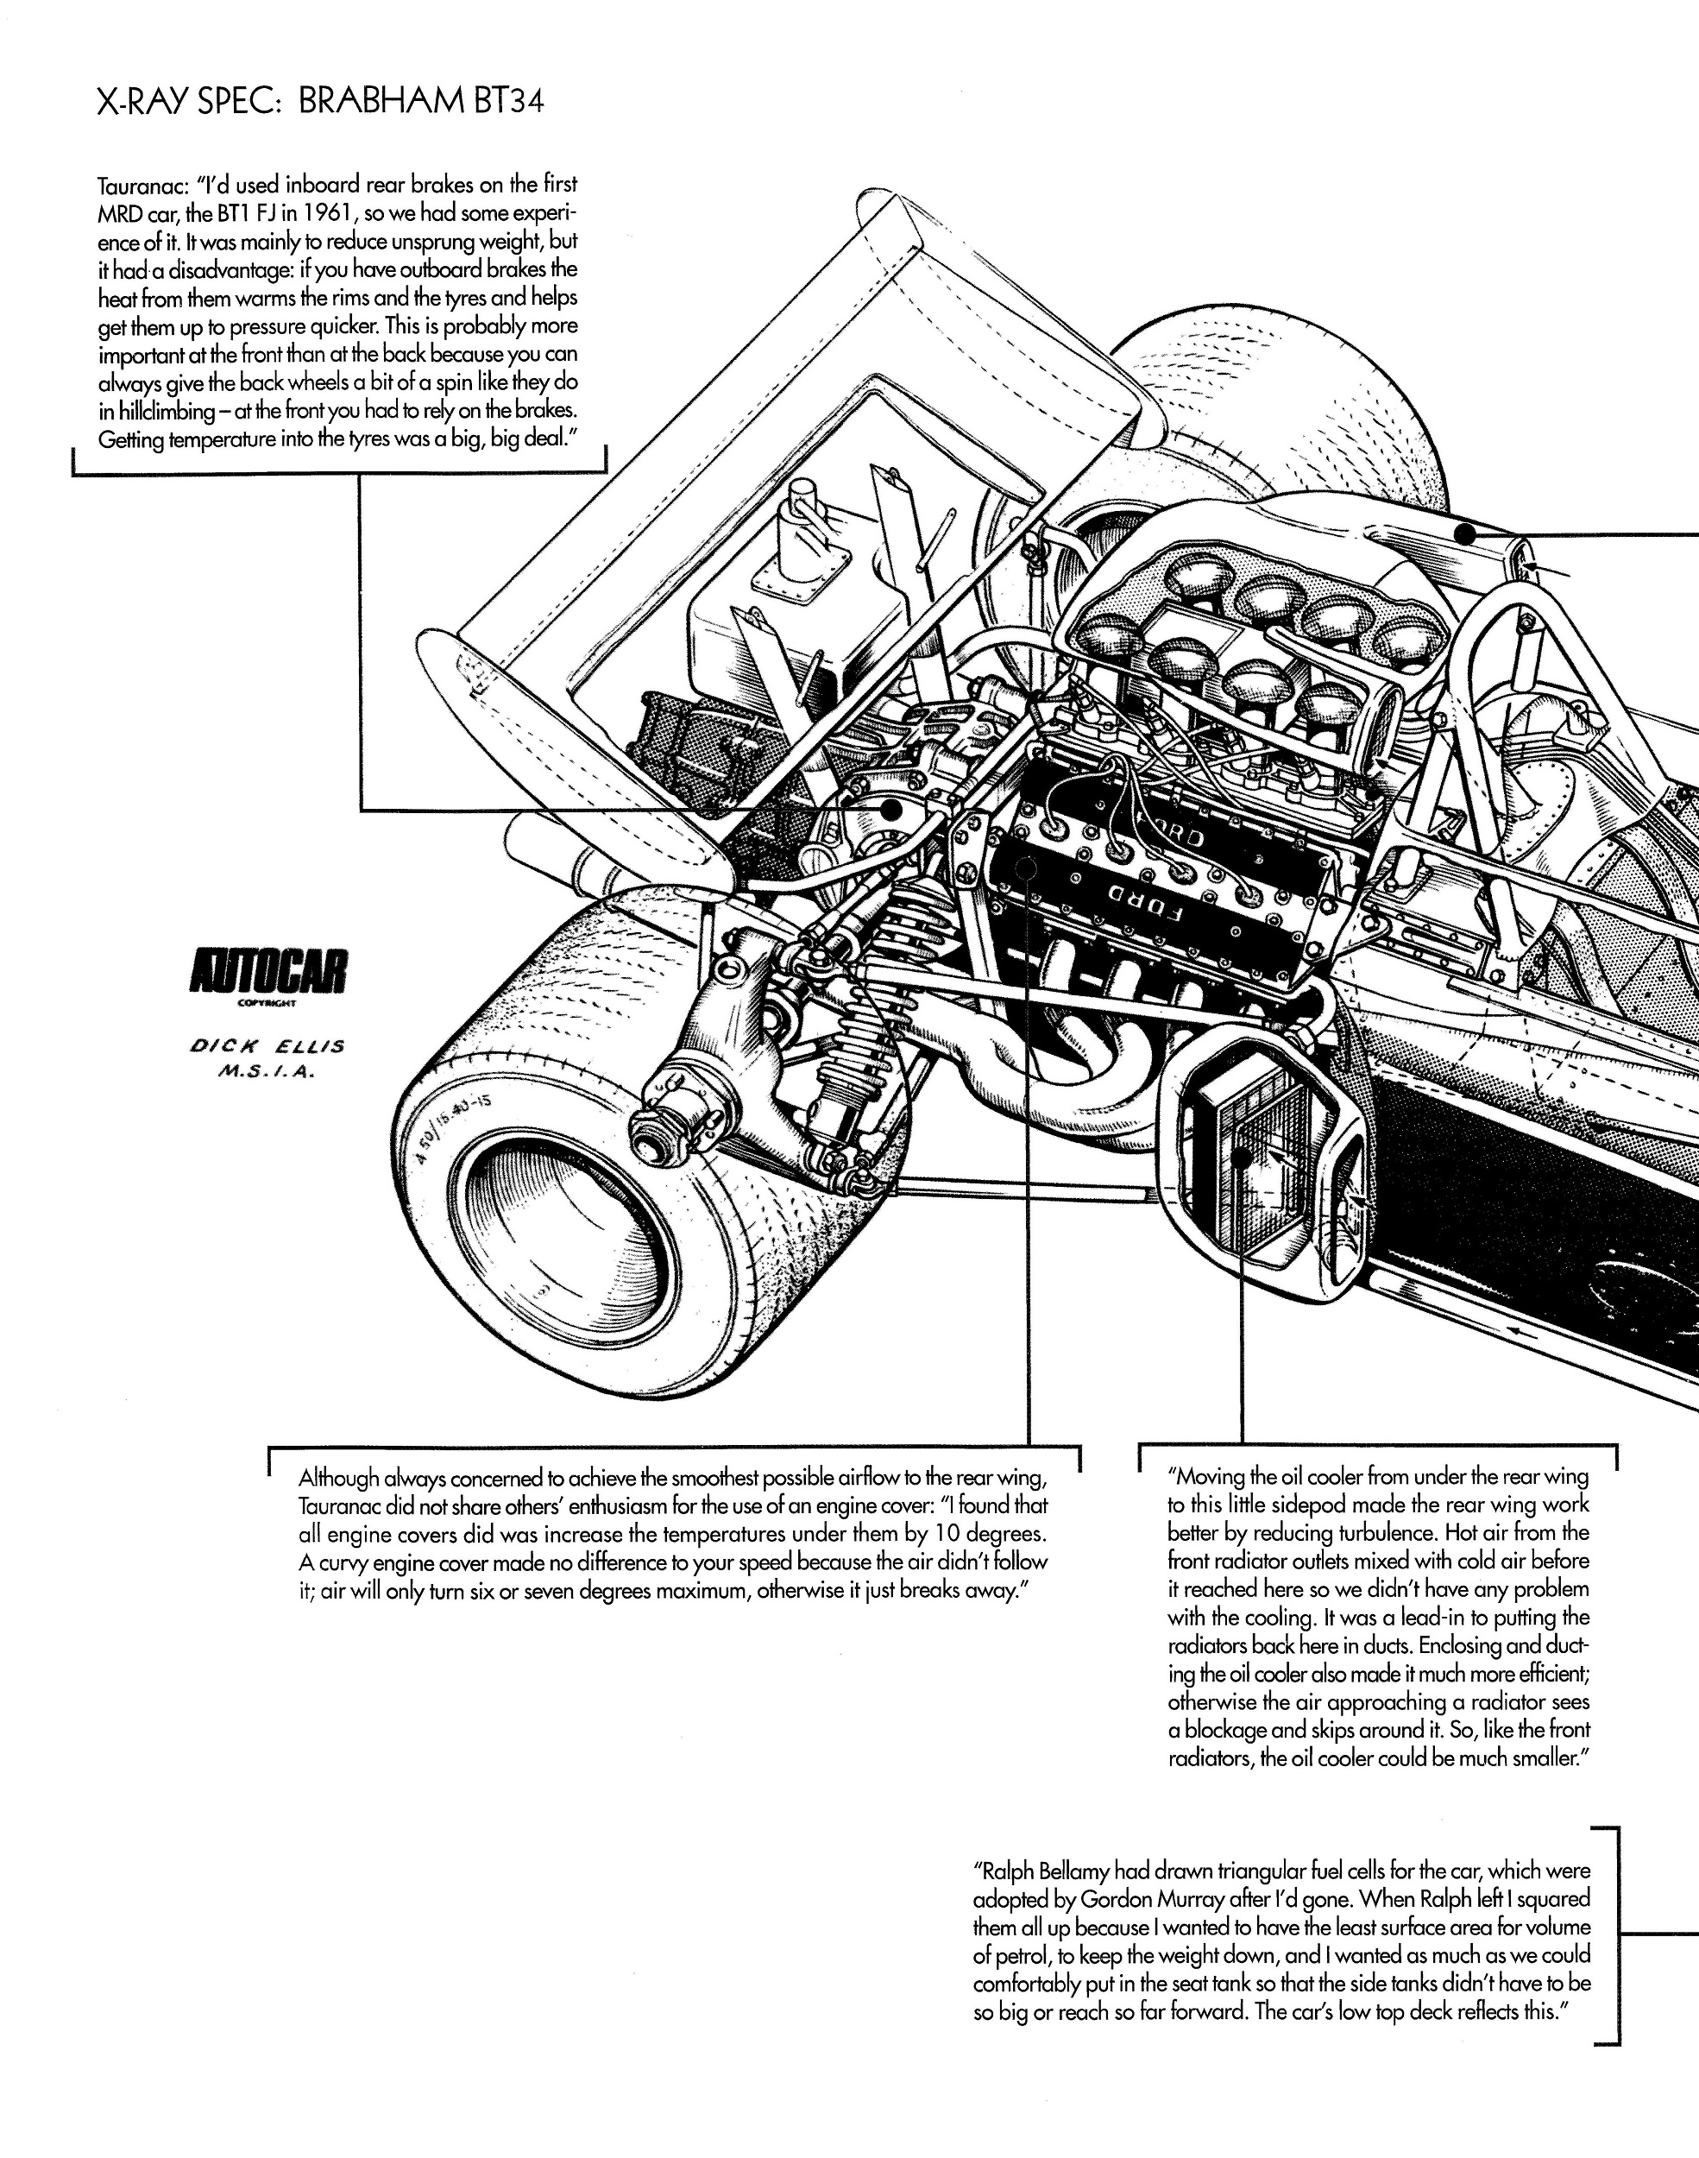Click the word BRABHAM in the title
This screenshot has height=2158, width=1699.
click(x=380, y=103)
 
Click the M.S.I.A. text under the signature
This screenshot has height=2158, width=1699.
click(x=267, y=1074)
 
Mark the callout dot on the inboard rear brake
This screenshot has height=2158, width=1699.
click(x=892, y=810)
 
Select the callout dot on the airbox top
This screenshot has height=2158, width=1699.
click(x=1463, y=533)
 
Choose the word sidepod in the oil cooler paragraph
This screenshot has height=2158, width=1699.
click(x=1343, y=1505)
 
